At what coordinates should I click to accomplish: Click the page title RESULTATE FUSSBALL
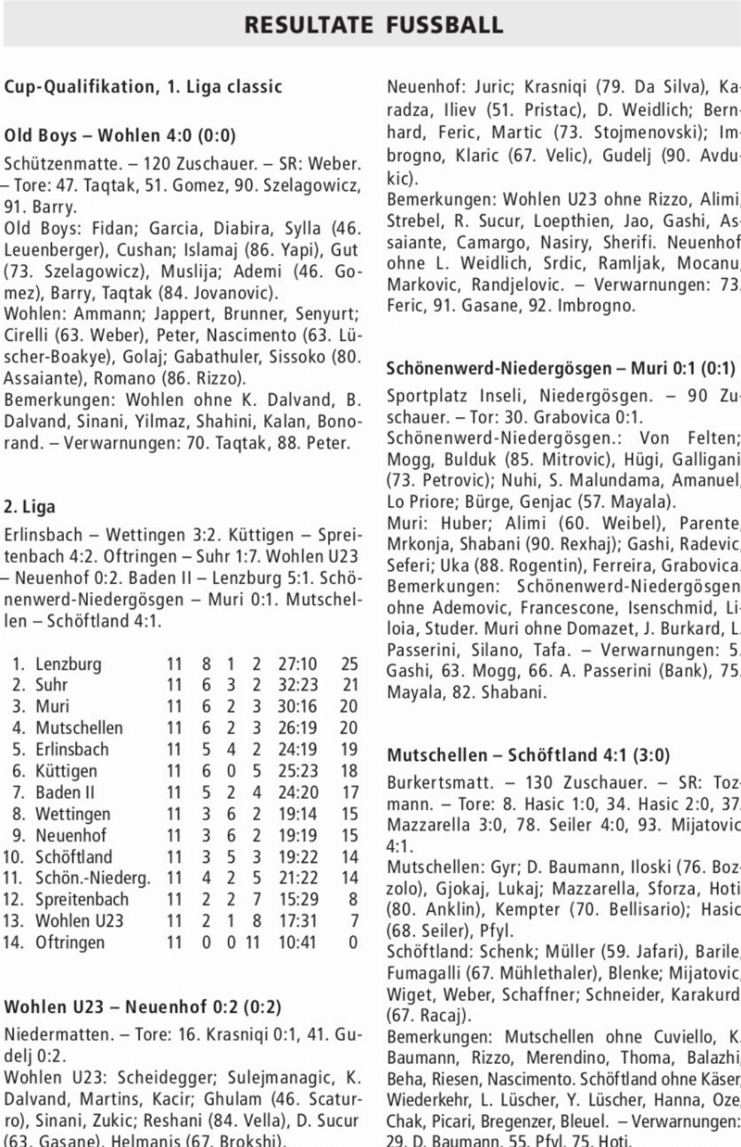coord(374,25)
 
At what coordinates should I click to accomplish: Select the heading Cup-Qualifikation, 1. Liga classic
coord(143,87)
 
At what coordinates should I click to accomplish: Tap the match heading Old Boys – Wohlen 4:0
coord(120,136)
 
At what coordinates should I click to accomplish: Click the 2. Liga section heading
coord(30,507)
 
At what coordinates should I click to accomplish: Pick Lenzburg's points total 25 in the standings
coord(349,664)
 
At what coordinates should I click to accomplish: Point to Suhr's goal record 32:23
coord(297,685)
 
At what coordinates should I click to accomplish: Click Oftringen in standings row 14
coord(70,942)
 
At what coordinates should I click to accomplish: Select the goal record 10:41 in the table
coord(297,942)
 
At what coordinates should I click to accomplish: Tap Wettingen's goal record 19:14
coord(297,814)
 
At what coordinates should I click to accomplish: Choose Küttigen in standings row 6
coord(66,771)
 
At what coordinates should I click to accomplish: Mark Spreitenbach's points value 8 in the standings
coord(353,899)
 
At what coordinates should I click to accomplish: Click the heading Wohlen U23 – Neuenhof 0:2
coord(143,1007)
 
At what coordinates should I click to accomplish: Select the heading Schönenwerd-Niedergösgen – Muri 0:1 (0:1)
coord(560,369)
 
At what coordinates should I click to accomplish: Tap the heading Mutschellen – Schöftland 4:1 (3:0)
coord(528,755)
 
